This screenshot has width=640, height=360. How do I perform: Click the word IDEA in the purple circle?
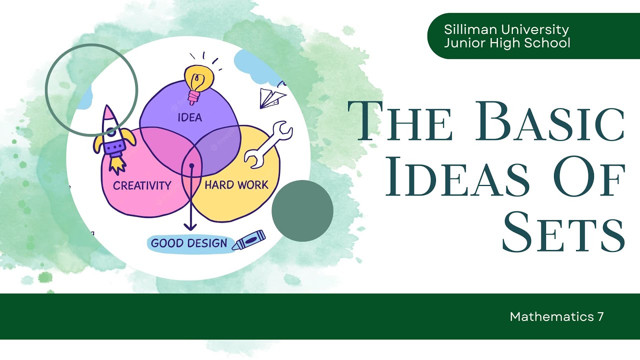tap(189, 118)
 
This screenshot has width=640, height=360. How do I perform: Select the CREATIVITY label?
tap(142, 185)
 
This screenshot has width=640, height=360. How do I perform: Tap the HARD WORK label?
tap(236, 184)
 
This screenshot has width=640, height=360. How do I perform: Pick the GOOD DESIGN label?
tap(189, 243)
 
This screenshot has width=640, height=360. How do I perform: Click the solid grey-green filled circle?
tap(302, 210)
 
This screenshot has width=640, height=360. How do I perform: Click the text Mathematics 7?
tap(556, 316)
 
